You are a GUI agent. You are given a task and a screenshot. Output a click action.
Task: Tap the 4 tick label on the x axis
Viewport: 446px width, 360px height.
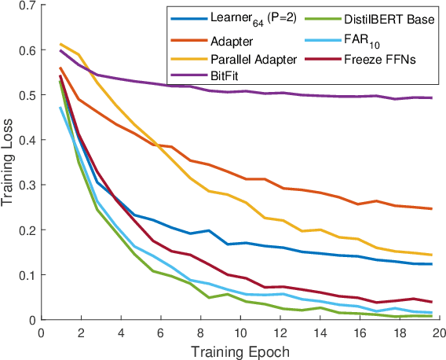point(120,332)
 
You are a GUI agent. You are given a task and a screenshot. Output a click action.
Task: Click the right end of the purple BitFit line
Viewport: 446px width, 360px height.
point(432,98)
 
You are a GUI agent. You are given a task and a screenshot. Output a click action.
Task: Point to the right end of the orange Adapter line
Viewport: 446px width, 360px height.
point(432,209)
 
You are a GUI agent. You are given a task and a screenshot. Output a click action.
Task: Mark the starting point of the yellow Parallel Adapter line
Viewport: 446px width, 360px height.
point(61,45)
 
